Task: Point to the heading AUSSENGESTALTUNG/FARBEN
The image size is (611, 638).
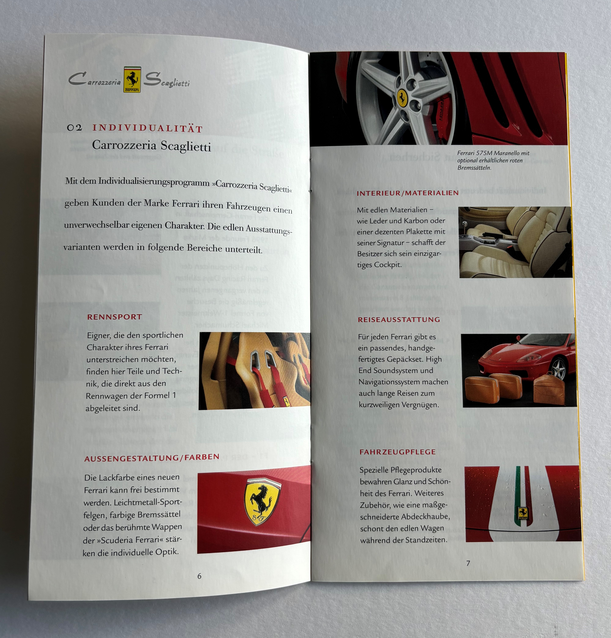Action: click(152, 458)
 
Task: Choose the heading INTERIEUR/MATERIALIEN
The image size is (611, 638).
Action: click(408, 193)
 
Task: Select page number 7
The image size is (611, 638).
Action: click(468, 563)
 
